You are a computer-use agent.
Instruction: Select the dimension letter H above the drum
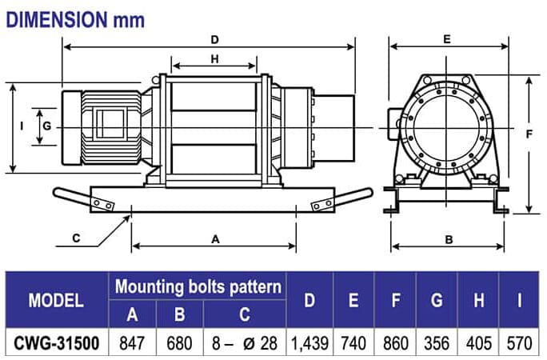coord(214,59)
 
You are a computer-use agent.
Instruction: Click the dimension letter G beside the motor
coord(47,126)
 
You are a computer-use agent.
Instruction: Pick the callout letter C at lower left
coord(76,238)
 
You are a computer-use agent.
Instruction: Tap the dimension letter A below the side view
coord(214,238)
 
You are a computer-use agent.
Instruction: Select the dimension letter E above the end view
coord(447,38)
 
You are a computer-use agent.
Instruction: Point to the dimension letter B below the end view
coord(449,238)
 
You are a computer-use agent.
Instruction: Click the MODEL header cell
coord(56,301)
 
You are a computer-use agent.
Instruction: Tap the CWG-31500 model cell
coord(56,344)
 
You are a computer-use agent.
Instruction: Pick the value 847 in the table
coord(133,344)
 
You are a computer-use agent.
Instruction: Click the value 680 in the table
coord(179,344)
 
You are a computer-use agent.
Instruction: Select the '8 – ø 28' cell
coord(245,344)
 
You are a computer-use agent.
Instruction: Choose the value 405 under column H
coord(478,344)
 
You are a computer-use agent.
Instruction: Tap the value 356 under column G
coord(437,344)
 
